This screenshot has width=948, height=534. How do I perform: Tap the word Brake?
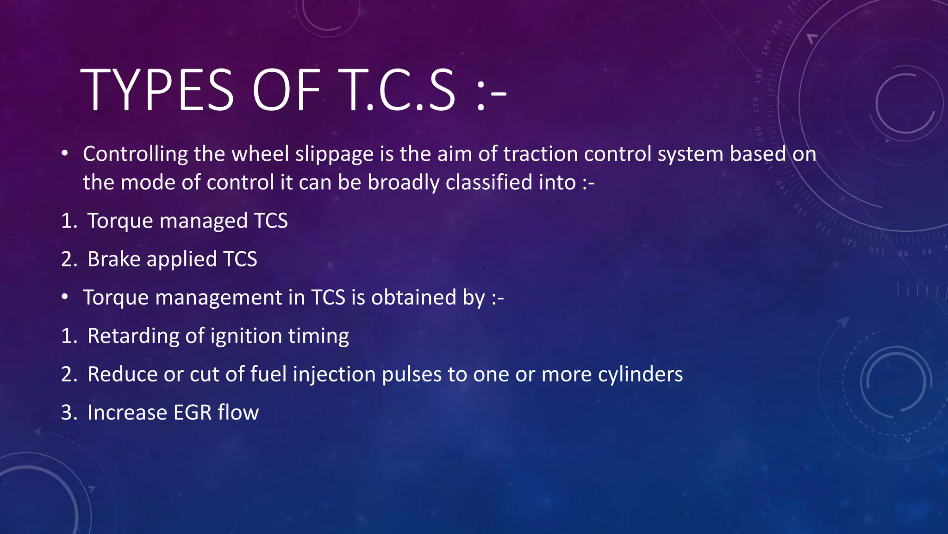(x=113, y=259)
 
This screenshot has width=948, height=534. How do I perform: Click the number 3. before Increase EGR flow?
(x=69, y=413)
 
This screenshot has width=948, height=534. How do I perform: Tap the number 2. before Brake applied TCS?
(x=69, y=259)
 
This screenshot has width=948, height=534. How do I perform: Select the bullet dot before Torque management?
(x=65, y=297)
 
